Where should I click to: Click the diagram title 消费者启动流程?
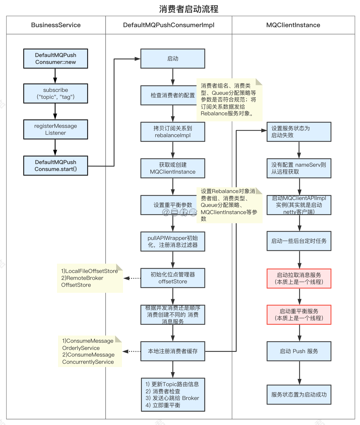point(189,9)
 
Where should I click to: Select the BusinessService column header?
point(56,25)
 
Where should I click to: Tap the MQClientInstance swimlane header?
point(293,25)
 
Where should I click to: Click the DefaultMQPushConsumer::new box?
point(55,59)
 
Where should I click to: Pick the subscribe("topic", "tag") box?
point(55,93)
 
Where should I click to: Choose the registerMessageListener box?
point(55,129)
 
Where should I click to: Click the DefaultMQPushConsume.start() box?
point(55,166)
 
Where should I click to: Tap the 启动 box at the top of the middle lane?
point(173,59)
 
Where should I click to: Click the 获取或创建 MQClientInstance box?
point(173,168)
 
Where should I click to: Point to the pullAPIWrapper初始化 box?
point(173,242)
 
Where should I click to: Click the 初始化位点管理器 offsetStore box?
point(173,278)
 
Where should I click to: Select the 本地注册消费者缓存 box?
point(173,351)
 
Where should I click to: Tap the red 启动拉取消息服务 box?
point(299,279)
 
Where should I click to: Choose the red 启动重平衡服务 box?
point(299,315)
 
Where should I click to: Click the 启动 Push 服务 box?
point(299,351)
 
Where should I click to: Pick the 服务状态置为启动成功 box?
point(299,395)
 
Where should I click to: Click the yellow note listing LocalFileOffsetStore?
point(89,278)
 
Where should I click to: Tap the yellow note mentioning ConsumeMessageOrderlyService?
point(89,352)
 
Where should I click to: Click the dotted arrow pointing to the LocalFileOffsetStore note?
point(132,278)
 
